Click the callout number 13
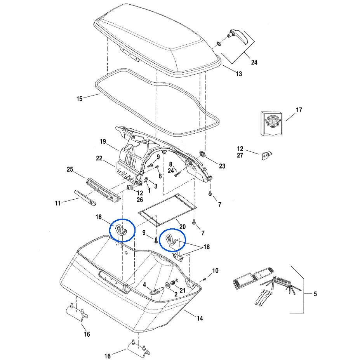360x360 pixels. [238, 74]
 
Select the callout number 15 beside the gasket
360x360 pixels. [79, 99]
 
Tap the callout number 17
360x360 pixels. [299, 110]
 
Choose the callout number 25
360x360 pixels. [70, 169]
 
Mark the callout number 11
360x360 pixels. [57, 203]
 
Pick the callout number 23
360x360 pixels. [222, 166]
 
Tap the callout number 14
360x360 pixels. [199, 318]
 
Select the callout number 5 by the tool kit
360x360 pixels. [315, 294]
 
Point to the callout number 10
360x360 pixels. [215, 270]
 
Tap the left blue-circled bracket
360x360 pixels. [122, 230]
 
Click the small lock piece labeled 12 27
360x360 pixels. [266, 155]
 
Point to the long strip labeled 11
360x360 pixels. [85, 198]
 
